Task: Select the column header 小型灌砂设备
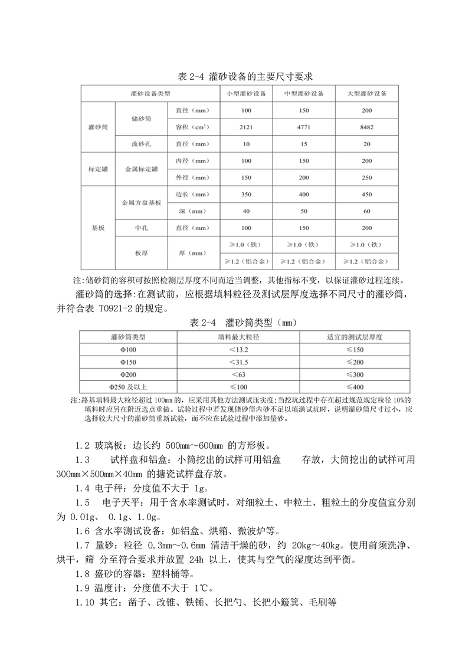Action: [x=246, y=94]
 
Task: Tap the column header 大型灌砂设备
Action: [x=366, y=94]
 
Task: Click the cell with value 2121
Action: [x=246, y=127]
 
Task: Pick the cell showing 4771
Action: [x=304, y=127]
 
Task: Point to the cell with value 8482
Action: [x=366, y=127]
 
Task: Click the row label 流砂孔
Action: [x=141, y=144]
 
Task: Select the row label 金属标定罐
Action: [x=141, y=169]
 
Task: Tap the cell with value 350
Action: [x=246, y=194]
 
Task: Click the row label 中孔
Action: [x=141, y=228]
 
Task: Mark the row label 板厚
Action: [x=141, y=252]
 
